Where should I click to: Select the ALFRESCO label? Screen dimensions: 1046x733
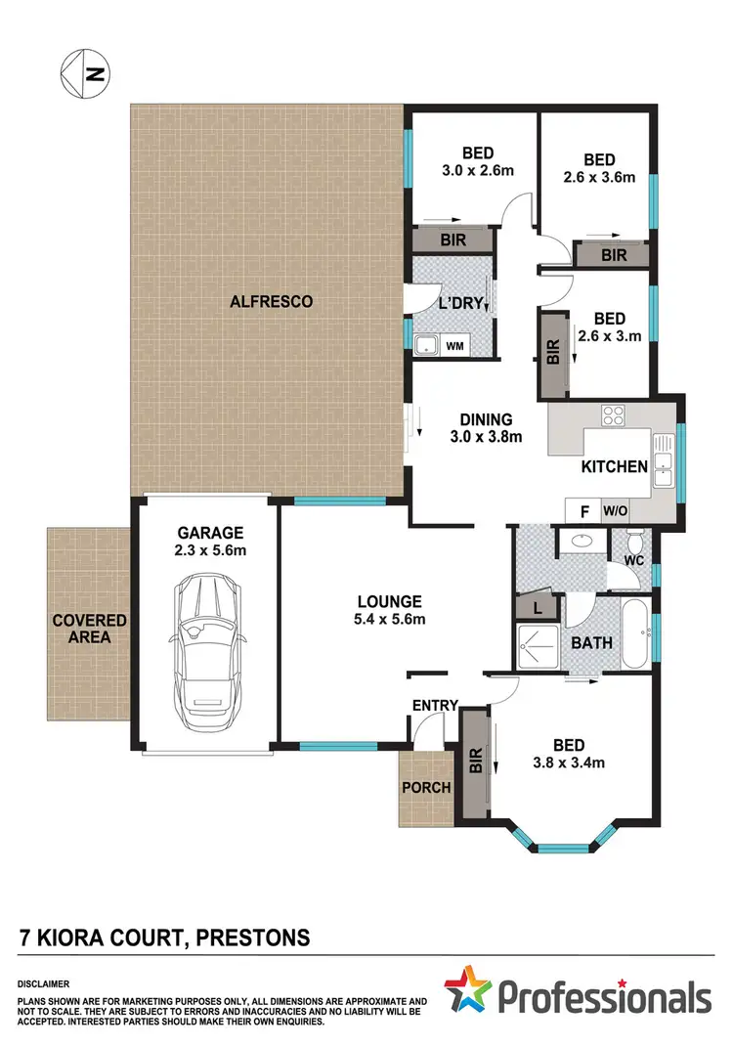click(x=271, y=302)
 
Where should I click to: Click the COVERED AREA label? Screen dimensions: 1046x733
click(x=89, y=629)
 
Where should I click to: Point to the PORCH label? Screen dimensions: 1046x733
click(x=426, y=787)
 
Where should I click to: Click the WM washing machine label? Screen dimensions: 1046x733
click(x=455, y=345)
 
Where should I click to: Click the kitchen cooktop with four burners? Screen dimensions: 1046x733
click(x=613, y=414)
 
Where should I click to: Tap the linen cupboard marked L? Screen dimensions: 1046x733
click(x=538, y=607)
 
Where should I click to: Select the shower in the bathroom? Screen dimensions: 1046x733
click(x=539, y=648)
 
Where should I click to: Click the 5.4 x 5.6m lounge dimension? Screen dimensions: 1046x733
click(x=389, y=620)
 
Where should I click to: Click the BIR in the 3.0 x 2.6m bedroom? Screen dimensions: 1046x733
click(x=453, y=239)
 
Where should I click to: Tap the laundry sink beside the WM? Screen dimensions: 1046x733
click(x=426, y=345)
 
